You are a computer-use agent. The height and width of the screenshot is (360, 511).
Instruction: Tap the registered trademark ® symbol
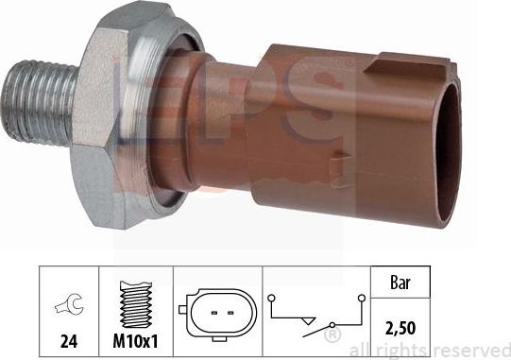332,334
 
